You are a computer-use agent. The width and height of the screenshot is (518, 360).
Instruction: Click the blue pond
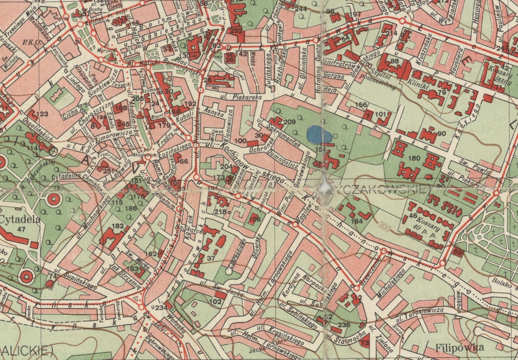point(319,134)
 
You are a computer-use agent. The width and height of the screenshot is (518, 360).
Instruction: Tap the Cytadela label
point(20,219)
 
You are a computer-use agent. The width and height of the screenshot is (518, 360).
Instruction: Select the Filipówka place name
point(459,348)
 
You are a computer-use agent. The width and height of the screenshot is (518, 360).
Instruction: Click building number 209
point(289,122)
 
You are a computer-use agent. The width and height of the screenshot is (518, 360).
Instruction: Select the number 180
point(414,158)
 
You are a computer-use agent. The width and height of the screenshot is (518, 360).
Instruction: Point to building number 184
point(357,221)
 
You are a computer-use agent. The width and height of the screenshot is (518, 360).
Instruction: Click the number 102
point(215,301)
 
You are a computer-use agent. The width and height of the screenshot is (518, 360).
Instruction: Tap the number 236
point(344,324)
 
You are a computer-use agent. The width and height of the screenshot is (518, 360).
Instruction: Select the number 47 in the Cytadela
point(21,229)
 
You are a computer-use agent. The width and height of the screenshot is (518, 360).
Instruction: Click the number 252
point(235,30)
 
